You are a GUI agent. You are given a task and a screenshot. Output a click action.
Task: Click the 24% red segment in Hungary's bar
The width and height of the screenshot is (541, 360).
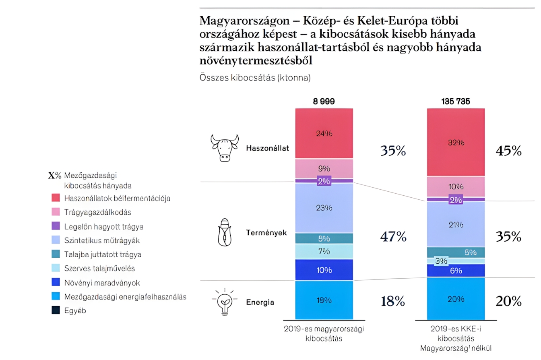[324, 133]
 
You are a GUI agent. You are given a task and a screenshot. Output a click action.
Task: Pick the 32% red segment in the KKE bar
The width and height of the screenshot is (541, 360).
[456, 142]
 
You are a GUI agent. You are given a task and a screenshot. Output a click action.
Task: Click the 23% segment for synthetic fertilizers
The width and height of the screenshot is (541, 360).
[324, 208]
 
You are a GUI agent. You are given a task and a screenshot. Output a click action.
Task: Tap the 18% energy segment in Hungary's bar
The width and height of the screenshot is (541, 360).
[324, 300]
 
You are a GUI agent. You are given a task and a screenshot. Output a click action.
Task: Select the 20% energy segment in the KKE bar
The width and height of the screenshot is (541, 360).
[456, 299]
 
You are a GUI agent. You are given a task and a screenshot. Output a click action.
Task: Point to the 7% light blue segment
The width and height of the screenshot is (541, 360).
[324, 251]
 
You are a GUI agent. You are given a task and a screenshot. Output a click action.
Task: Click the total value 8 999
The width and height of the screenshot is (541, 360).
[324, 101]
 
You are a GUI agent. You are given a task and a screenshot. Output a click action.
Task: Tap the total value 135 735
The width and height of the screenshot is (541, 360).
[456, 101]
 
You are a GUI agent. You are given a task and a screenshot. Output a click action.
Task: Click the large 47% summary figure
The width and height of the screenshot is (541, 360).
[393, 237]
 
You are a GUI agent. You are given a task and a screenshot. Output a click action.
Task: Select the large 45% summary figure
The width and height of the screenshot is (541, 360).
[509, 151]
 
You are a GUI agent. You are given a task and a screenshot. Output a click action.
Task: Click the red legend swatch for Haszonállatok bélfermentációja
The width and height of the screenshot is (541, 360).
[56, 198]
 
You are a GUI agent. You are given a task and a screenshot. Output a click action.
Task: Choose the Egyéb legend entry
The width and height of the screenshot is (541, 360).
[75, 310]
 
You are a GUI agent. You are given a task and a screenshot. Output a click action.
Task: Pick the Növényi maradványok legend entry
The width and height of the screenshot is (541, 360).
[102, 283]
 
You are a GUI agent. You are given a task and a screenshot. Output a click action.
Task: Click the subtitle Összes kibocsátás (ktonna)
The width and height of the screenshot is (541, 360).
[255, 78]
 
